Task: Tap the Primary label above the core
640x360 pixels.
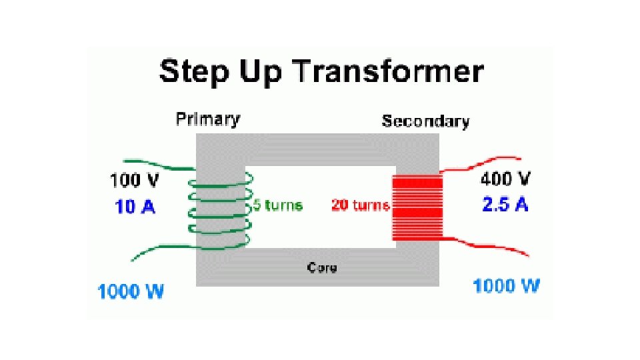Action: tap(207, 119)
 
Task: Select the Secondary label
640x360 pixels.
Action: tap(425, 121)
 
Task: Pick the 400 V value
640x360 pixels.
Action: tap(506, 179)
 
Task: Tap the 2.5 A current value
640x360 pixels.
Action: tap(505, 205)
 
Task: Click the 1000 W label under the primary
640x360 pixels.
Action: tap(131, 291)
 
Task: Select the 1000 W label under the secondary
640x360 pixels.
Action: tap(507, 287)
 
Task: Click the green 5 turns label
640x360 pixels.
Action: tap(277, 205)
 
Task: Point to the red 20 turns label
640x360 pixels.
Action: tap(360, 205)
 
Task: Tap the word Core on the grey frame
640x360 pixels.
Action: tap(322, 267)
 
